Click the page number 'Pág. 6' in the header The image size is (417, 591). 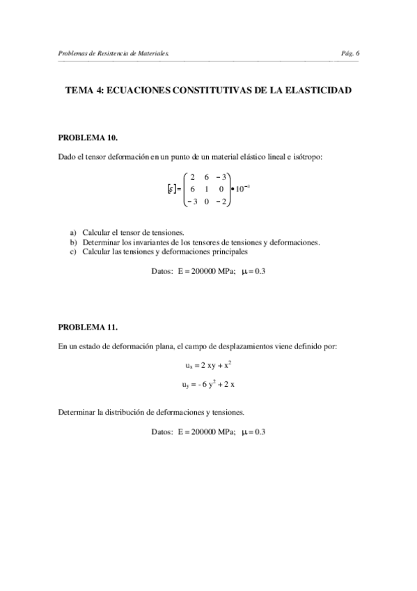pos(350,53)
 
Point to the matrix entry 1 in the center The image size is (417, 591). pos(207,189)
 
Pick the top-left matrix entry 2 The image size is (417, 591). pos(192,177)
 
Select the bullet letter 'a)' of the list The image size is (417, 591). pos(73,232)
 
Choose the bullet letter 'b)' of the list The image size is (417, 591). pos(73,242)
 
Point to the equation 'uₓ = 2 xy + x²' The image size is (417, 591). pos(208,364)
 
